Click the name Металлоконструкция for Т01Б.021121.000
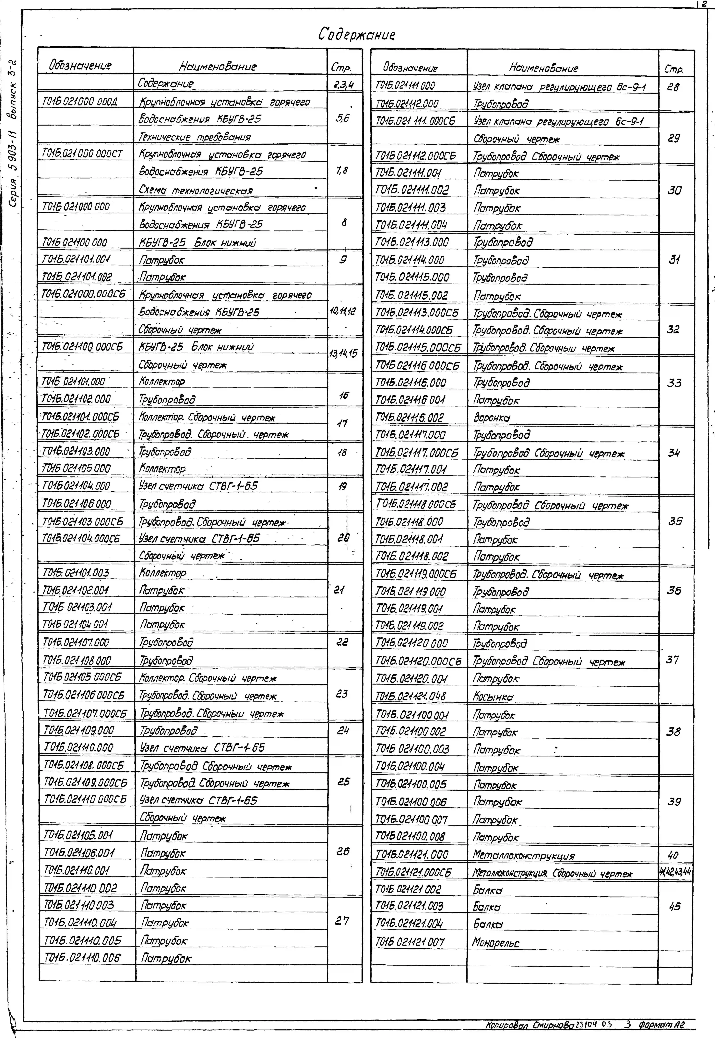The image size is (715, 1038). [x=523, y=855]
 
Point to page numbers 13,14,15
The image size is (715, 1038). [x=343, y=354]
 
